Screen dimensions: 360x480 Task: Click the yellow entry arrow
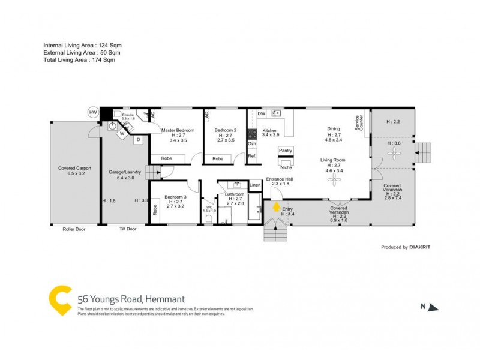pyautogui.click(x=276, y=207)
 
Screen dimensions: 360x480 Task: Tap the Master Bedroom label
pyautogui.click(x=178, y=130)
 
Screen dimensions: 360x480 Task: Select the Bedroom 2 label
pyautogui.click(x=226, y=130)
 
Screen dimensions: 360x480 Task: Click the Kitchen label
pyautogui.click(x=269, y=130)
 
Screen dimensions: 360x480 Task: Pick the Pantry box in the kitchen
pyautogui.click(x=285, y=151)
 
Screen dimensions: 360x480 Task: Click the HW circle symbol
pyautogui.click(x=93, y=112)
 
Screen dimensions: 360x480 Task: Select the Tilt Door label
pyautogui.click(x=128, y=229)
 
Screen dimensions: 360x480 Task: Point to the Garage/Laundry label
pyautogui.click(x=124, y=172)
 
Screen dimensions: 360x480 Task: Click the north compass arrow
pyautogui.click(x=433, y=307)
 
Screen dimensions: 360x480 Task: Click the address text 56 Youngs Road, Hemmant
pyautogui.click(x=131, y=299)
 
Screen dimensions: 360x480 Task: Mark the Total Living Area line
pyautogui.click(x=79, y=60)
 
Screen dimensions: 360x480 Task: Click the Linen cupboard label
pyautogui.click(x=255, y=185)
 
